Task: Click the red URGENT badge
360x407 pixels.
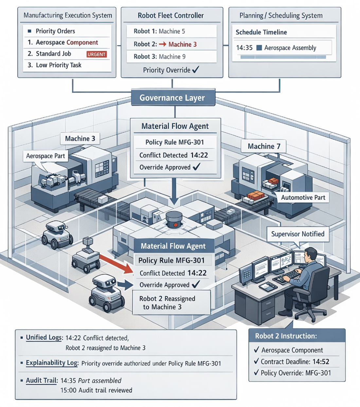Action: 97,54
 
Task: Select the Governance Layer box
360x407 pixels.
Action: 173,98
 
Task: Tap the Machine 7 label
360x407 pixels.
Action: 264,146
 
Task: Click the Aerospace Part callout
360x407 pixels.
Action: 45,156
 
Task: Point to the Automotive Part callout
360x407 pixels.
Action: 303,197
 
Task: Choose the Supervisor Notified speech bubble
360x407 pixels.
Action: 298,234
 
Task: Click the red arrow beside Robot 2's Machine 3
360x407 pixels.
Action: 163,44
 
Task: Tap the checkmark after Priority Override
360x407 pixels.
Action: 196,69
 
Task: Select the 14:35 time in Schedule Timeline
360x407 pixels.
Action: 244,48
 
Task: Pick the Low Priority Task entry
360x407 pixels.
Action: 59,65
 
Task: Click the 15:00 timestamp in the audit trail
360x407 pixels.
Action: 68,390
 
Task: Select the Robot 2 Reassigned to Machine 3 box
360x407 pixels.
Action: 171,303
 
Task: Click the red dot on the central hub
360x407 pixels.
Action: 175,225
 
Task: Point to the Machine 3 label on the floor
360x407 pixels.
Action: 80,139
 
